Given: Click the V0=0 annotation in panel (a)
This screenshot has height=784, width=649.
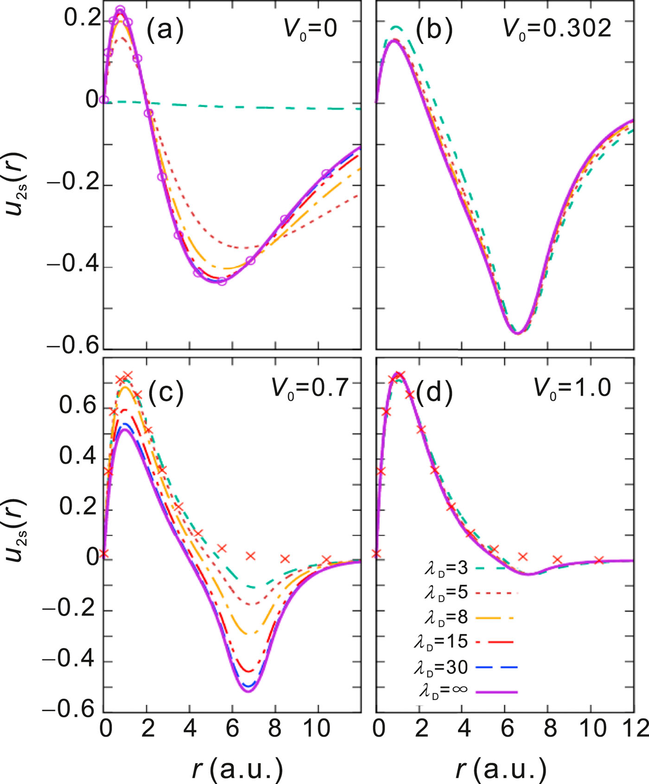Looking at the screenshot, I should pos(310,30).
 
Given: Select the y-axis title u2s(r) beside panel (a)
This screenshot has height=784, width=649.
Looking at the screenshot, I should pos(18,185).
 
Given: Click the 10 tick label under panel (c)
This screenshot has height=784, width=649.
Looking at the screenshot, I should pos(318,729).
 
